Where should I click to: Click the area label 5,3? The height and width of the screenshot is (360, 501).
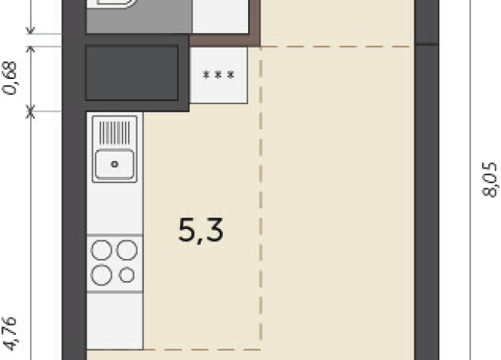[201, 230]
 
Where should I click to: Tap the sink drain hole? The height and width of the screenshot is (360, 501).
[114, 163]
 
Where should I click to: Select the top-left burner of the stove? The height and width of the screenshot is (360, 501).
[102, 250]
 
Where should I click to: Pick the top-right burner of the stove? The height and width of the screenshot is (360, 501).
[127, 250]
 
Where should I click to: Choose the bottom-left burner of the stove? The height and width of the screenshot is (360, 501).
[102, 274]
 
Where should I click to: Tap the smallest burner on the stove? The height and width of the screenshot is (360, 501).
[127, 274]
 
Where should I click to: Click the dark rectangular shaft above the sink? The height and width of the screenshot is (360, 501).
[132, 73]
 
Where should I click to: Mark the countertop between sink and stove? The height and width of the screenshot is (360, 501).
[115, 207]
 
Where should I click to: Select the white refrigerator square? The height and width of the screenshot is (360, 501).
[218, 75]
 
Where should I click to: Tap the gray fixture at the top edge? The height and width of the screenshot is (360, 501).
[138, 15]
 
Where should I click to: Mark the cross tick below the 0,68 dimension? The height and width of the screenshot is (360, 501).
[31, 112]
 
